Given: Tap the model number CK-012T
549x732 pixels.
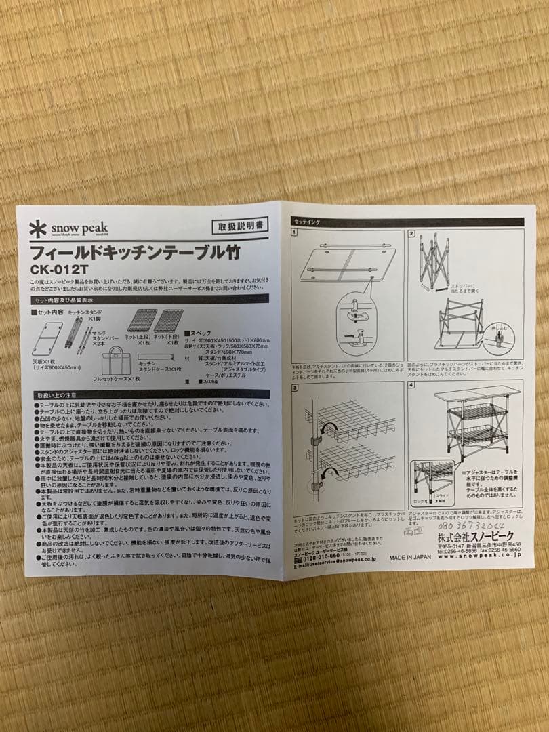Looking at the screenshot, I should [x=60, y=270].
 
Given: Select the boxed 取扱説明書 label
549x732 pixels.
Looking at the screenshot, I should [x=239, y=225].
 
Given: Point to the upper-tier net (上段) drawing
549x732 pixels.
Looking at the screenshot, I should [x=142, y=321].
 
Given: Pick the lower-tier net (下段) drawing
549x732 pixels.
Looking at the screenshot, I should [x=168, y=321].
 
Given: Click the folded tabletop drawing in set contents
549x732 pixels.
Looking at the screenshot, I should [x=47, y=339].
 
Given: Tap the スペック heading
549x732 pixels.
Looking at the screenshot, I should [x=200, y=333].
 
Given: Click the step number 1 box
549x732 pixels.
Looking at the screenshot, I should [x=295, y=234].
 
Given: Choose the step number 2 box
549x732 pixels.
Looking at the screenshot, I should [x=412, y=234].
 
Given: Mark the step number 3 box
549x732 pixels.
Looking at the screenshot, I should [x=295, y=388].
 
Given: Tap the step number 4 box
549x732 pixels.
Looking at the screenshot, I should [x=412, y=386].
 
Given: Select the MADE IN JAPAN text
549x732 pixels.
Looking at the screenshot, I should [x=410, y=558].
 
